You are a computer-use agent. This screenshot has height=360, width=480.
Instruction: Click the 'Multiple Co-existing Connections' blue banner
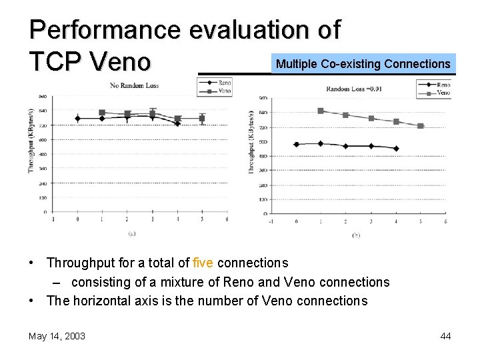(363, 64)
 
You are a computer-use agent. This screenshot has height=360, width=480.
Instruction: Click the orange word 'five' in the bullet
(203, 263)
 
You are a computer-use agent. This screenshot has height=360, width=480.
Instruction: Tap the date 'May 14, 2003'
(57, 336)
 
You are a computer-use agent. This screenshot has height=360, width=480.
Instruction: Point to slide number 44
(445, 336)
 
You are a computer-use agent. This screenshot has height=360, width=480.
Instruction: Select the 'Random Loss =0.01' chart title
(353, 89)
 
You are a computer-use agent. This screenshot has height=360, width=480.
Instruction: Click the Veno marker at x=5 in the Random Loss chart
(421, 126)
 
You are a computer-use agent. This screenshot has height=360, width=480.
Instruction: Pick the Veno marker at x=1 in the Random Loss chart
(321, 111)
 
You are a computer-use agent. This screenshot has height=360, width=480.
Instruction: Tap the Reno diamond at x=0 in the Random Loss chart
(296, 144)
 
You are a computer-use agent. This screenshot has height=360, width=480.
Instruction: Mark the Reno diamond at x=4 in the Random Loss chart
(396, 149)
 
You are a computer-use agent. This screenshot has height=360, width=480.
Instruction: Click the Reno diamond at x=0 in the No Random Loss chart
(77, 119)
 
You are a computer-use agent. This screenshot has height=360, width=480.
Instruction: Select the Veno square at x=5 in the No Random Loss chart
(202, 119)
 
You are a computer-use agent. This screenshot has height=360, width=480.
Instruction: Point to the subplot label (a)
(133, 233)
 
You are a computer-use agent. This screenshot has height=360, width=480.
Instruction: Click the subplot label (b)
(356, 235)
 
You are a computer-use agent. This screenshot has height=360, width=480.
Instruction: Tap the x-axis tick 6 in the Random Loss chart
(445, 221)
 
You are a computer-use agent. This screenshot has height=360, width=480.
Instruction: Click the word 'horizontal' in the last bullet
(105, 301)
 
